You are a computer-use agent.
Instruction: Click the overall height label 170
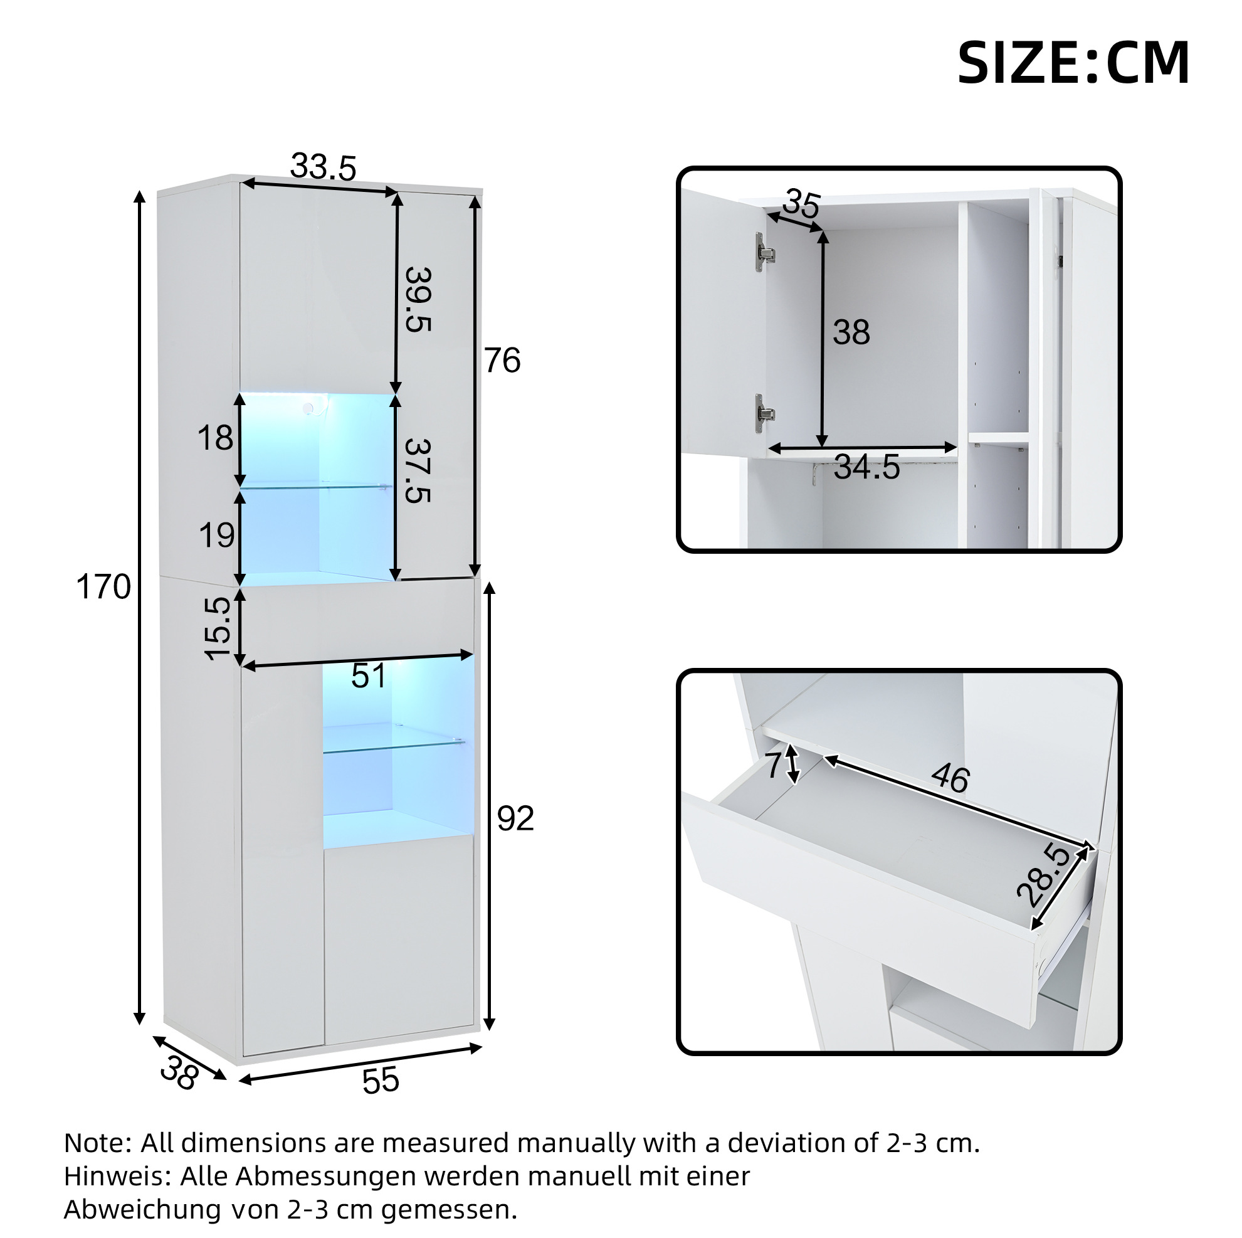click(x=103, y=587)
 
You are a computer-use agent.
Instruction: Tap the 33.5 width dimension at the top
click(x=324, y=167)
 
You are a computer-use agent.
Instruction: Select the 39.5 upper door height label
click(x=418, y=300)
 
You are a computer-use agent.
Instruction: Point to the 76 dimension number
click(x=502, y=360)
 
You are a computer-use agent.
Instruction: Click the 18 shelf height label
click(x=215, y=438)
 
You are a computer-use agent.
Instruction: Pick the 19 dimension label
click(x=217, y=535)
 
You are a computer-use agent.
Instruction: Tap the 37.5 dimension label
click(x=418, y=471)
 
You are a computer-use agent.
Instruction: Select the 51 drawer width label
click(x=369, y=676)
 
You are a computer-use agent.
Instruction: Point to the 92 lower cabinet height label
click(x=515, y=818)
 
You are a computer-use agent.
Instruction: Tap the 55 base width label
click(x=381, y=1081)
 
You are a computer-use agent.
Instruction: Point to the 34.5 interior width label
click(x=866, y=468)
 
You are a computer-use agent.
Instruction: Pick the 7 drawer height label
click(x=775, y=765)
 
